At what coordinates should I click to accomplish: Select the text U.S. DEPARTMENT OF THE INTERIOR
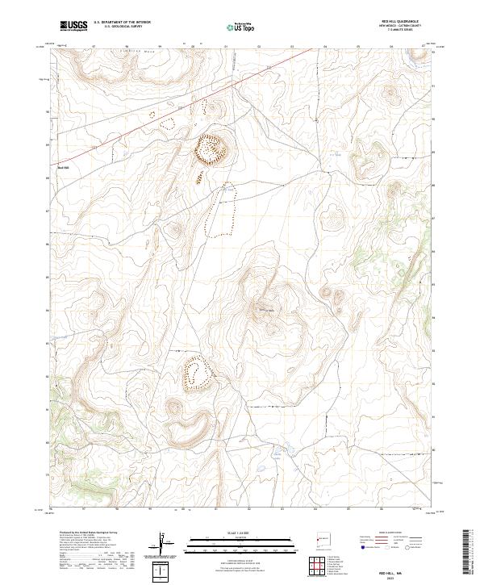click(122, 23)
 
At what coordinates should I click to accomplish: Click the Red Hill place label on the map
click(65, 168)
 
